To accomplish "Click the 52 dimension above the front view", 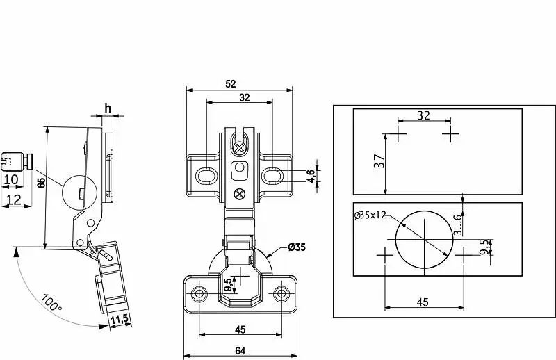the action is click(231, 84).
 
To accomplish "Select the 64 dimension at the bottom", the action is click(240, 351).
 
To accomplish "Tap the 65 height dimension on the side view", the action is click(42, 183).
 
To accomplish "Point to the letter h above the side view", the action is click(108, 108).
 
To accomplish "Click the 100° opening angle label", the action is click(51, 302).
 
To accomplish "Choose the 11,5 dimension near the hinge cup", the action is click(120, 320).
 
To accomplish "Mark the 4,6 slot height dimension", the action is click(311, 176).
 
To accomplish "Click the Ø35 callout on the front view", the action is click(297, 247).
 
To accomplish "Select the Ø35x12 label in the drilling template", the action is click(370, 215).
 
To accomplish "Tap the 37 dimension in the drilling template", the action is click(379, 161).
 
